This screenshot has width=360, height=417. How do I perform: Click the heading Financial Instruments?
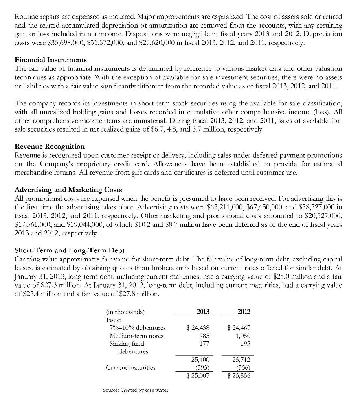tap(50, 60)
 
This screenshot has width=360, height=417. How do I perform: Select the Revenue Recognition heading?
tap(50, 146)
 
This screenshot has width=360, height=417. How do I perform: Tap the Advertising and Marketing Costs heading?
tap(68, 190)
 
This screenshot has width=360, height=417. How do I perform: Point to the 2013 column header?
tap(202, 312)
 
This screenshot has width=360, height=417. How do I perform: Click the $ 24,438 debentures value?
tap(198, 327)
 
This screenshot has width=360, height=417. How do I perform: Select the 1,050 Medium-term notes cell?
tap(243, 336)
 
